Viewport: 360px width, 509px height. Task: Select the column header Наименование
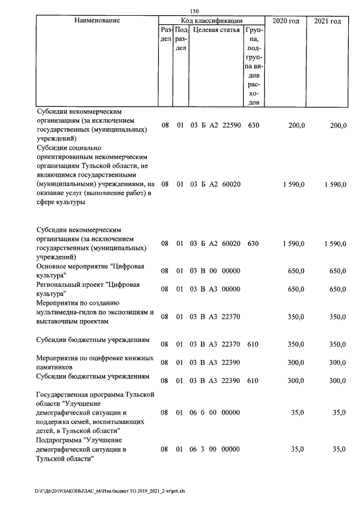[x=97, y=21]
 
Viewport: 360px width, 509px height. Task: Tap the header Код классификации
[x=211, y=21]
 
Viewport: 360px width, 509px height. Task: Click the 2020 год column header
[x=286, y=21]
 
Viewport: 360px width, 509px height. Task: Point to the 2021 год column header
[x=327, y=21]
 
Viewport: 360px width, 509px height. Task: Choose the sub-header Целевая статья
[x=216, y=30]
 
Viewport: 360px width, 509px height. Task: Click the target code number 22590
[x=232, y=125]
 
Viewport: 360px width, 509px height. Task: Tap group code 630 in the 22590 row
[x=253, y=125]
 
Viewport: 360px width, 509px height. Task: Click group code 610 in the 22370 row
[x=253, y=343]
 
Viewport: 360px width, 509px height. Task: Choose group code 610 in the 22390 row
[x=253, y=381]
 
